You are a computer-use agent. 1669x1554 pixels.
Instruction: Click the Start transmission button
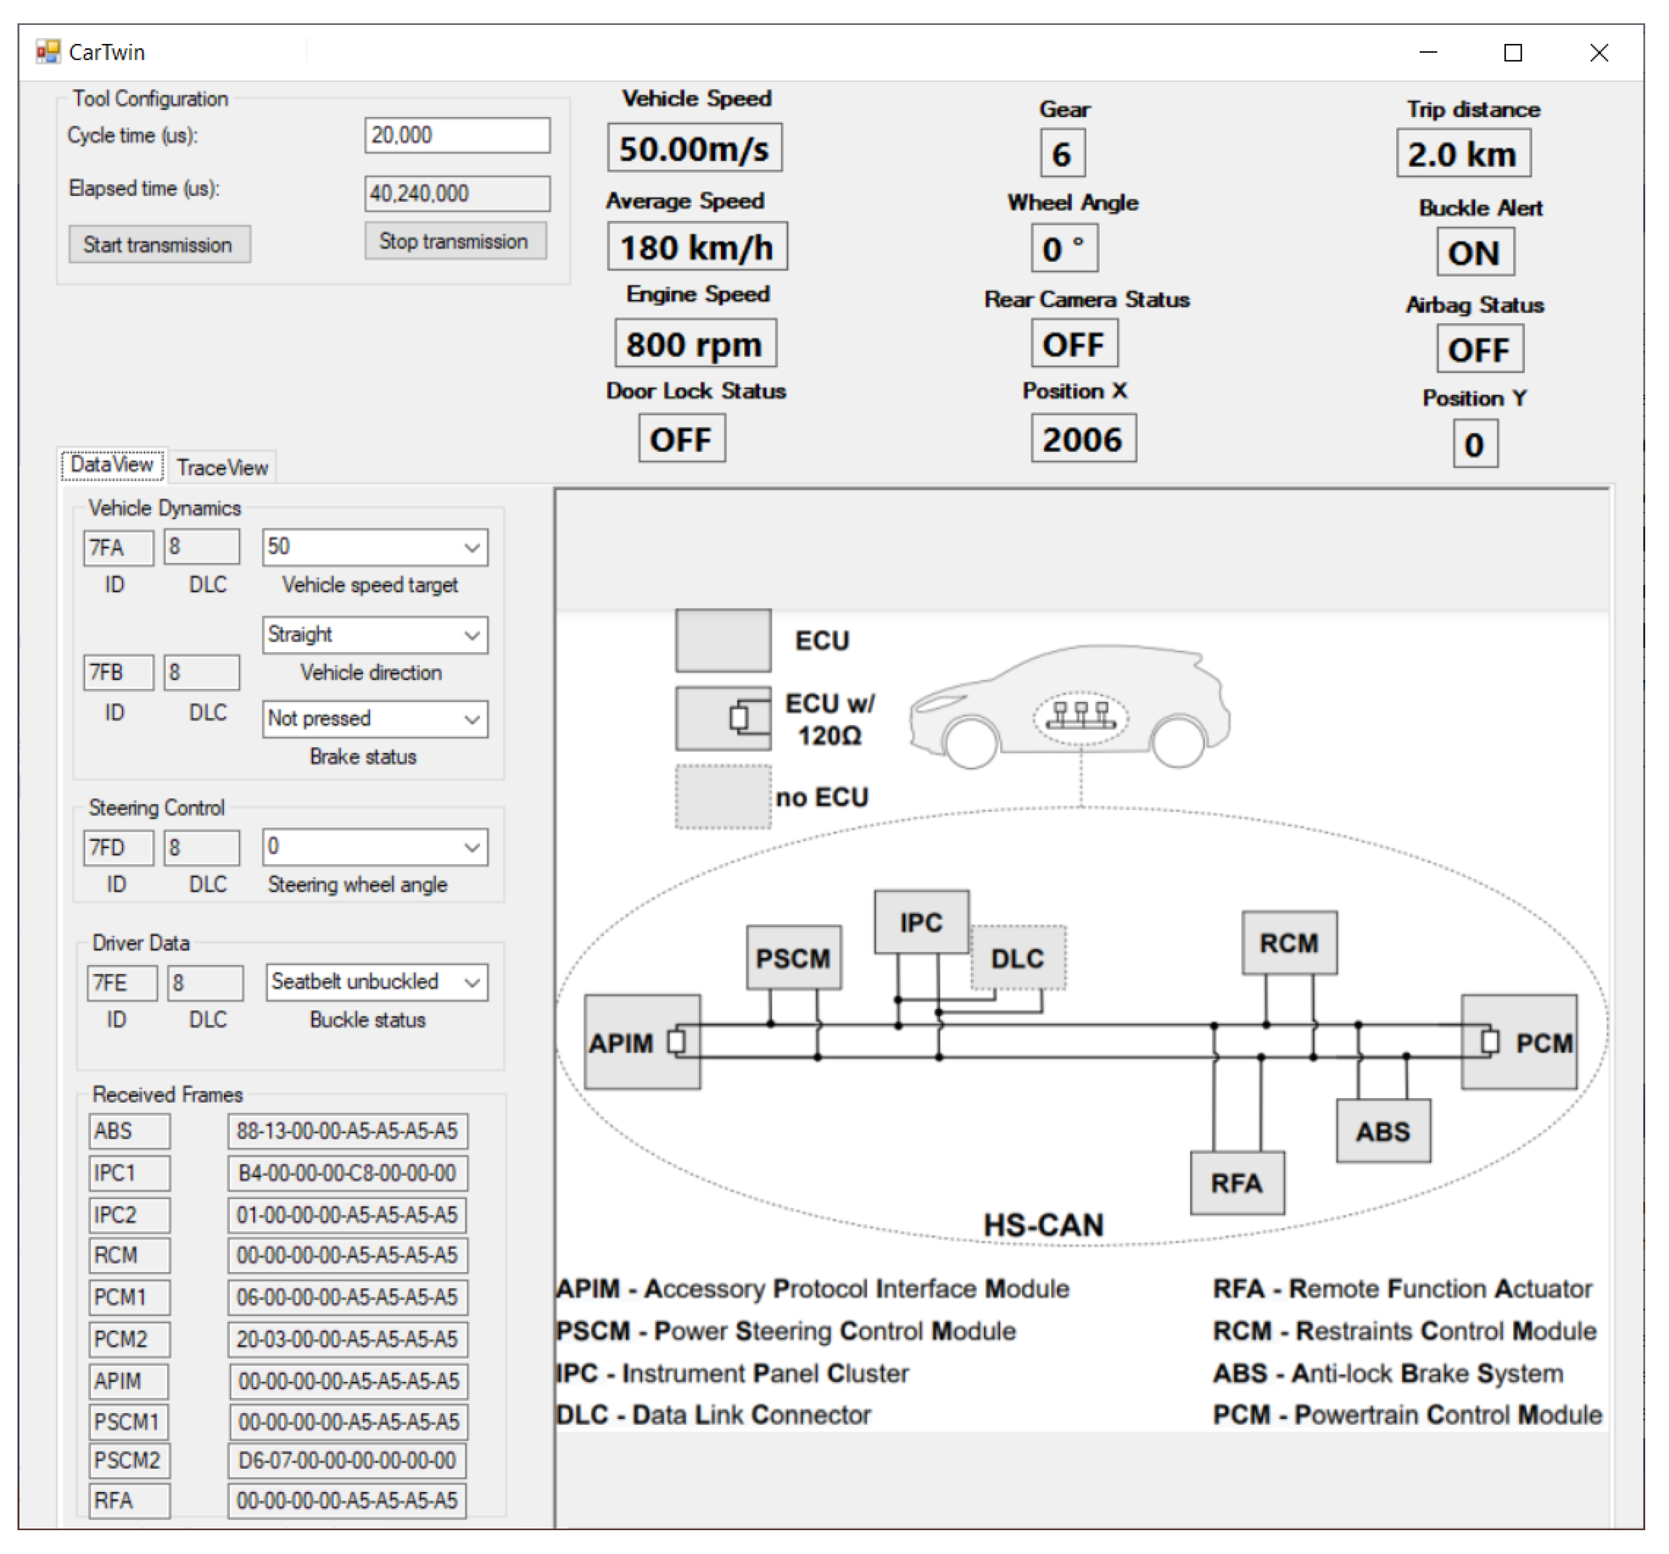coord(159,244)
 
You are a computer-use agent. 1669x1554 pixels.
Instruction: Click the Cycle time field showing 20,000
coord(457,135)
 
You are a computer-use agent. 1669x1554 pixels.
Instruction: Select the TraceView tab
coord(222,467)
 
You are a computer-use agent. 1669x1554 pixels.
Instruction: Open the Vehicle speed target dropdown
coord(472,548)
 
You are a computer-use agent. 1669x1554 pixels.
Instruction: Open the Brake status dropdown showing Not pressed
coord(472,719)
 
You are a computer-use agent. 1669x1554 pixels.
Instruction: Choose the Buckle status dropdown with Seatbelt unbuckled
coord(472,982)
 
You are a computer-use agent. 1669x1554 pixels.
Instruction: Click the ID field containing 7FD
coord(118,848)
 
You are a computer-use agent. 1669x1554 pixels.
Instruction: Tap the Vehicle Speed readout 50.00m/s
coord(694,149)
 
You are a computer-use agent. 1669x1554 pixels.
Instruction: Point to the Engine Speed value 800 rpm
coord(694,343)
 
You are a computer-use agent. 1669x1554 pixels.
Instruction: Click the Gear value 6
coord(1062,154)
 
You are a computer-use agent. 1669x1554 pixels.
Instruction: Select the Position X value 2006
coord(1083,439)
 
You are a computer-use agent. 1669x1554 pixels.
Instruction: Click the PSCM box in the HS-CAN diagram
coord(793,957)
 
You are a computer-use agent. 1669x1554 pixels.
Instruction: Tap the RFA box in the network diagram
coord(1237,1183)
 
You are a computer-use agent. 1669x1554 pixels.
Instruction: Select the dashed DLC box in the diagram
coord(1018,957)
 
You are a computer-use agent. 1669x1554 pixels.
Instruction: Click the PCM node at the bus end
coord(1520,1042)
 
